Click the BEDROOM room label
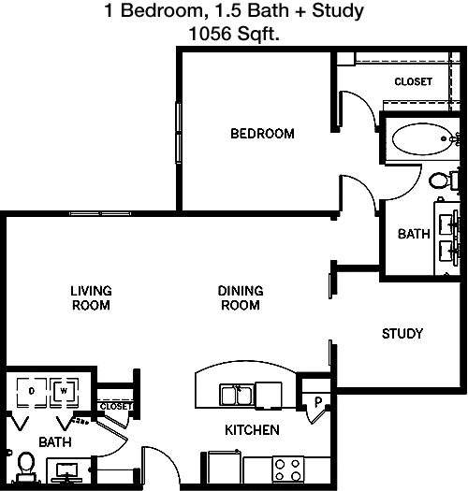pos(262,134)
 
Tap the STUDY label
pos(402,334)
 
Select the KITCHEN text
pos(252,430)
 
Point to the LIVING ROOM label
pos(91,297)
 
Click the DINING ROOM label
pos(241,297)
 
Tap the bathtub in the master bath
pos(422,138)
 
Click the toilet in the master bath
pos(443,181)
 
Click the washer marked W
pos(64,391)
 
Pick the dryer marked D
pos(31,391)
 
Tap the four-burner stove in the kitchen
pos(287,469)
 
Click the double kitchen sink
pos(237,396)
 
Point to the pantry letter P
pos(318,401)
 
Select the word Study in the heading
pos(338,10)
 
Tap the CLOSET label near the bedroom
pos(413,81)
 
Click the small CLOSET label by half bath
pos(116,406)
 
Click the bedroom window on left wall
pos(179,133)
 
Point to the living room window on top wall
pos(100,214)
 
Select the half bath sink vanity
pos(67,470)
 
